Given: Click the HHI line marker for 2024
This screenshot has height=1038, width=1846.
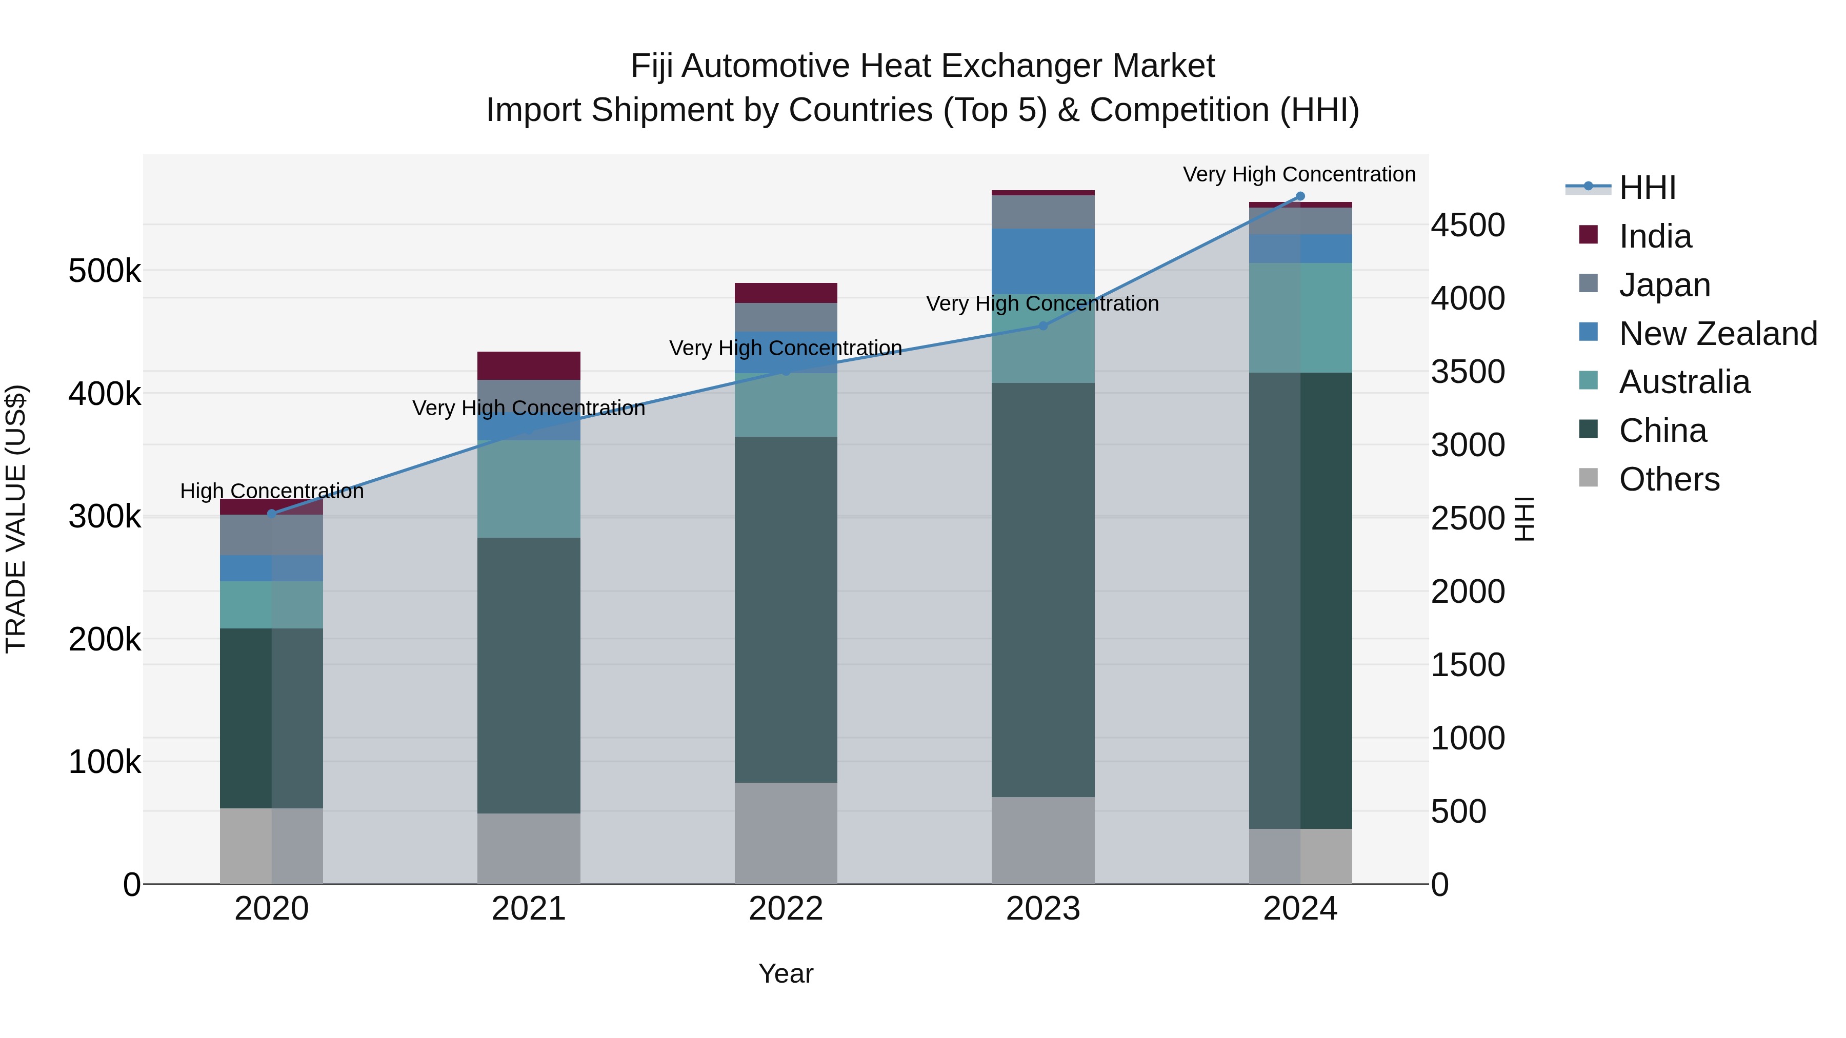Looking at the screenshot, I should click(x=1300, y=196).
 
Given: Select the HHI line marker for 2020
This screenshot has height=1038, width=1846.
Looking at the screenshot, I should click(x=272, y=514).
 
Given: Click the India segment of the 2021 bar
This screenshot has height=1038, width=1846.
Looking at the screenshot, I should click(x=528, y=365).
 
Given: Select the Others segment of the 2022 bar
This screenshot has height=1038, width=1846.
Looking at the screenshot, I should click(x=786, y=832).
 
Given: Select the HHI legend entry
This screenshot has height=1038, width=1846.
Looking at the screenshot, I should click(x=1646, y=188).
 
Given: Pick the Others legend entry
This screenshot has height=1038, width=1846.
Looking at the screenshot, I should click(x=1668, y=479).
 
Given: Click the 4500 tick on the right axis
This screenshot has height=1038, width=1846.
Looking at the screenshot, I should click(x=1468, y=225).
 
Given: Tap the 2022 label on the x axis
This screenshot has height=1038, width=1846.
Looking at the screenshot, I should click(x=786, y=909).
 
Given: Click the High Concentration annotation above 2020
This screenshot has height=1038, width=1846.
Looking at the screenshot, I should click(x=272, y=492).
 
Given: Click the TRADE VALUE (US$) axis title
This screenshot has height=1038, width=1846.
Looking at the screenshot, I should click(x=16, y=519).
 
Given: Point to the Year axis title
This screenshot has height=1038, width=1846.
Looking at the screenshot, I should click(x=786, y=973).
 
